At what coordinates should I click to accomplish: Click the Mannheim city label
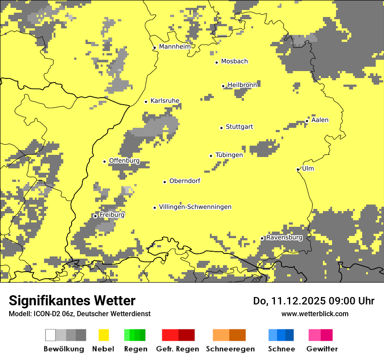(175, 47)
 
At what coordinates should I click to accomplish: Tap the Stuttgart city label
(239, 127)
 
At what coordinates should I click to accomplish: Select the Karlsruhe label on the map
(165, 101)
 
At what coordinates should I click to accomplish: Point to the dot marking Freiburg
(95, 216)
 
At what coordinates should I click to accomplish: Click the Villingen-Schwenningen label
(195, 207)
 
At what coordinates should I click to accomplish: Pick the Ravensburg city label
(284, 238)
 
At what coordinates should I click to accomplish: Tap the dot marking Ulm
(298, 170)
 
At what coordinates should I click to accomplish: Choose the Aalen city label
(320, 120)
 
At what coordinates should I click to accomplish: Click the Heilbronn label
(242, 85)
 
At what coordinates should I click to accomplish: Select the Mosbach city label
(234, 61)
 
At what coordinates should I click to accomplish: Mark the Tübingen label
(229, 155)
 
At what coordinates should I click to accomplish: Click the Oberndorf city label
(185, 181)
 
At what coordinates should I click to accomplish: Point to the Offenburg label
(124, 161)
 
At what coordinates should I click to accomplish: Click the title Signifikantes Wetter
(72, 301)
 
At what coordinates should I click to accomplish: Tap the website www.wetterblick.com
(315, 314)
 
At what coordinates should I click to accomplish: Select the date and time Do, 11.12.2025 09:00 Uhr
(314, 301)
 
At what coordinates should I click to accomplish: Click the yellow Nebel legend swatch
(104, 335)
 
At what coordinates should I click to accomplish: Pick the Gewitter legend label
(322, 349)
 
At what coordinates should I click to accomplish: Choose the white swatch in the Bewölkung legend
(51, 335)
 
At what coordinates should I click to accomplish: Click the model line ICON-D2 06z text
(79, 314)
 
